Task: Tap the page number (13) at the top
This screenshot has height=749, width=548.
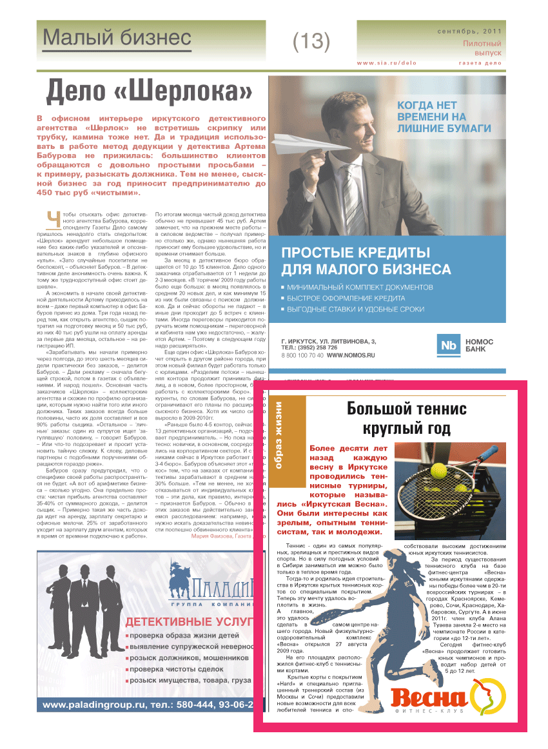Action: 311,41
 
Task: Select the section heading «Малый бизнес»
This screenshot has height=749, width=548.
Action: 117,38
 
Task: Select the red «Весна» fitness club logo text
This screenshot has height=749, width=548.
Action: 428,699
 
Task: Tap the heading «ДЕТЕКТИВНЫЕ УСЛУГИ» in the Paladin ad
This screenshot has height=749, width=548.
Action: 187,622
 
